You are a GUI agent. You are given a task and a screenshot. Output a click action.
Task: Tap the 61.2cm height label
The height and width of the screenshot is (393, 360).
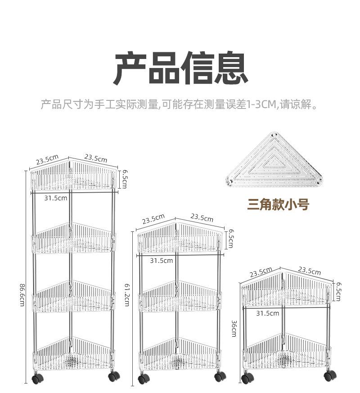127,294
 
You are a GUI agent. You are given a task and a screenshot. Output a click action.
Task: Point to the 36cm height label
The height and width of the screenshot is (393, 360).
234,328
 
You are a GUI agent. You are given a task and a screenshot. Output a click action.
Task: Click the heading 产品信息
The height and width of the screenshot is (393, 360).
181,68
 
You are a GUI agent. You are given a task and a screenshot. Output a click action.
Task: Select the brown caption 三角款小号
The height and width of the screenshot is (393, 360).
278,204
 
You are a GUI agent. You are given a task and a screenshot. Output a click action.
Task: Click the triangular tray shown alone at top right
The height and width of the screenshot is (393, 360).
274,160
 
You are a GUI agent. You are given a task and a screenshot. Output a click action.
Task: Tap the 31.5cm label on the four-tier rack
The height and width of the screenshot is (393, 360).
56,198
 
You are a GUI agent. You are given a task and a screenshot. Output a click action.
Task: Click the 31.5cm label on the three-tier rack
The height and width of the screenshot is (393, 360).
162,261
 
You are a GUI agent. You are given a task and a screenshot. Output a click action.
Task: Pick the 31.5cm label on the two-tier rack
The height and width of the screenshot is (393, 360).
268,313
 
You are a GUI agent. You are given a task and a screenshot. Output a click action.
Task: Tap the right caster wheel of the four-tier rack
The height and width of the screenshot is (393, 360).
114,376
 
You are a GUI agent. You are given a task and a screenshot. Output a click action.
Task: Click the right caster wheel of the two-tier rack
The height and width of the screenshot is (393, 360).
330,376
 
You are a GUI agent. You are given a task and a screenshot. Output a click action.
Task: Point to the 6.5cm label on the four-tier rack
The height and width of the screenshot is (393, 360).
125,179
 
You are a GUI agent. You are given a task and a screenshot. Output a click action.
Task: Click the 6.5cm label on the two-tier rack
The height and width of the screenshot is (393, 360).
338,292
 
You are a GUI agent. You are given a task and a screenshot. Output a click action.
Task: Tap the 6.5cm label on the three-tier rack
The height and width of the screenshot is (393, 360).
230,239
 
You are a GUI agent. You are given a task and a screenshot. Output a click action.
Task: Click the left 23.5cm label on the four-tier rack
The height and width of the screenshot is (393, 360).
47,160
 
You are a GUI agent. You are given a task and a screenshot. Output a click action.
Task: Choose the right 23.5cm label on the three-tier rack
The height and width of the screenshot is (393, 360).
202,217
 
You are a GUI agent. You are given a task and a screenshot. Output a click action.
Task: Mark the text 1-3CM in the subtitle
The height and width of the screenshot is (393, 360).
262,104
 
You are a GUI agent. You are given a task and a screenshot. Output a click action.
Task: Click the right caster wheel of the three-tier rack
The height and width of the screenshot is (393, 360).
220,377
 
